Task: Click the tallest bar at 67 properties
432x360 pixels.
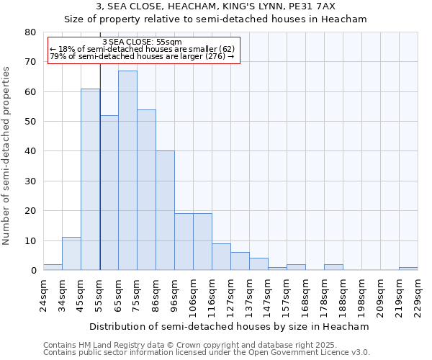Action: click(x=127, y=171)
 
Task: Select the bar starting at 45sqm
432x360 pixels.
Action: click(x=90, y=179)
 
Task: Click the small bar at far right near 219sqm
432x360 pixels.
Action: click(x=408, y=269)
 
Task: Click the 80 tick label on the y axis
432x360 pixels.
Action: click(x=30, y=32)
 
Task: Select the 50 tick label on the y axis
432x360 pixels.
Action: click(x=30, y=122)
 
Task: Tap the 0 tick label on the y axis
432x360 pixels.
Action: click(x=33, y=271)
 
